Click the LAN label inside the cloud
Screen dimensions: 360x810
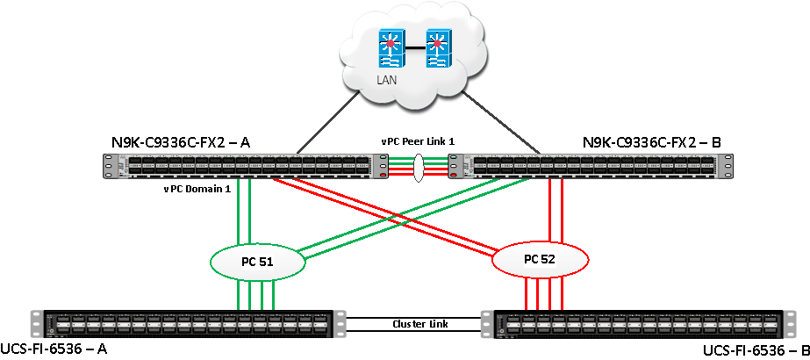coord(387,80)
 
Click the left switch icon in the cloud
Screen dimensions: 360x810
coord(391,50)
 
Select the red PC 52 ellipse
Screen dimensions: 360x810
coord(539,260)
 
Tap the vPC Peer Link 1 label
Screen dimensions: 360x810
coord(419,141)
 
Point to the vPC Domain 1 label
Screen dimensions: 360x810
coord(197,188)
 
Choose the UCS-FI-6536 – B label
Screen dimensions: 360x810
coord(756,351)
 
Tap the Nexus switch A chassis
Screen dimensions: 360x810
coord(247,165)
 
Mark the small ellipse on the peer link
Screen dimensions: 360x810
coord(419,165)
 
